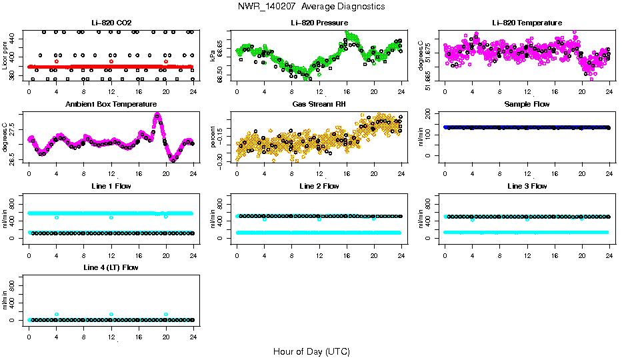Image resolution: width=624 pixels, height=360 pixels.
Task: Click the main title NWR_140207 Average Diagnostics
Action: (x=311, y=7)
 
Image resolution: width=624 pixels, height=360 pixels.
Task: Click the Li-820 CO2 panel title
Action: (x=111, y=23)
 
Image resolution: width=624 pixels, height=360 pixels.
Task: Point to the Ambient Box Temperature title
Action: (x=111, y=105)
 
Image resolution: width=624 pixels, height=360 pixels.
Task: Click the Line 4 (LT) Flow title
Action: (x=111, y=267)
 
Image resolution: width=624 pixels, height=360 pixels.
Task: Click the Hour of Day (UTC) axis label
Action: (x=311, y=351)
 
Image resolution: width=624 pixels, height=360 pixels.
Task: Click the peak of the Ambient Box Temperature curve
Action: (x=157, y=115)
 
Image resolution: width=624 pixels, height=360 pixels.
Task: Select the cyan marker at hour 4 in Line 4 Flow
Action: (x=57, y=314)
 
